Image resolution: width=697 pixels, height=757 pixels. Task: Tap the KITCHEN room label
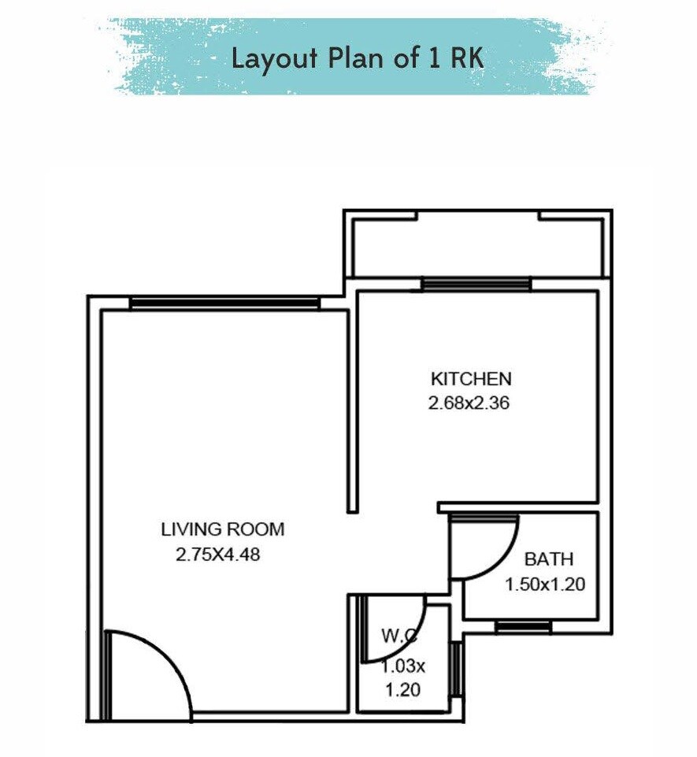tap(470, 378)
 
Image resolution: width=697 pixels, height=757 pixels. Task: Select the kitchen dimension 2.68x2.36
tap(469, 404)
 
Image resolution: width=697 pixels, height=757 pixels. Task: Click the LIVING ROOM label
tap(222, 529)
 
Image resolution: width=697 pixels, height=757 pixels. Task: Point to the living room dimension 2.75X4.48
tap(217, 555)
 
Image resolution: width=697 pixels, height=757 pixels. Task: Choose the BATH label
tap(549, 560)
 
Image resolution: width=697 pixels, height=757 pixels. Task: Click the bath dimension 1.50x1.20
tap(545, 585)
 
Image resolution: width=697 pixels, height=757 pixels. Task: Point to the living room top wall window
tap(224, 303)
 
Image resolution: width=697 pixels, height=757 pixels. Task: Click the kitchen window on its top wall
tap(476, 284)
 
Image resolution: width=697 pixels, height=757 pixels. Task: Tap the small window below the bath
tap(523, 626)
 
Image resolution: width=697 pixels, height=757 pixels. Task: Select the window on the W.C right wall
tap(454, 669)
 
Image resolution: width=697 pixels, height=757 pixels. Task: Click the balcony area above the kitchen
tap(476, 247)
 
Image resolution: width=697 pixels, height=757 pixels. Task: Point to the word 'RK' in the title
tap(467, 58)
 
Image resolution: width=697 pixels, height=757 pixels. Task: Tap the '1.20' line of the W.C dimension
tap(402, 690)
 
